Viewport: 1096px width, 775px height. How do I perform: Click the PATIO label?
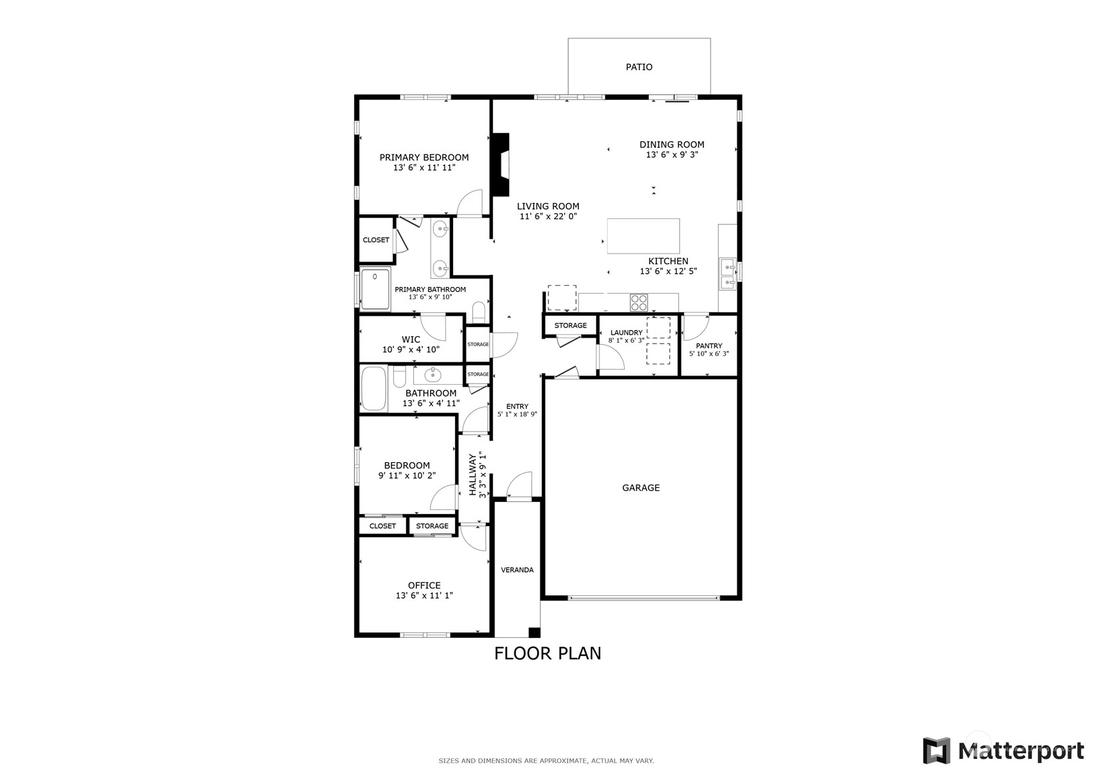pyautogui.click(x=639, y=67)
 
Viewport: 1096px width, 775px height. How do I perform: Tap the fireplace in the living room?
pyautogui.click(x=500, y=165)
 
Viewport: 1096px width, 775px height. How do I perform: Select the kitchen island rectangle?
pyautogui.click(x=643, y=236)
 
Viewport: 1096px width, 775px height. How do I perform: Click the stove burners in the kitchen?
pyautogui.click(x=639, y=302)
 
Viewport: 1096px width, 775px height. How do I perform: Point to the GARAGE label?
pyautogui.click(x=641, y=487)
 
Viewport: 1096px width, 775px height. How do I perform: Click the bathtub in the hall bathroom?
pyautogui.click(x=374, y=389)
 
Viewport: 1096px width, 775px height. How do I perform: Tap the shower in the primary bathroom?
pyautogui.click(x=375, y=289)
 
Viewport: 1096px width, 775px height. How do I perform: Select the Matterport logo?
pyautogui.click(x=1003, y=750)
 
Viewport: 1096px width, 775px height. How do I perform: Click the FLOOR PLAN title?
pyautogui.click(x=548, y=653)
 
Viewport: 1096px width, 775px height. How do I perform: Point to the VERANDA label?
pyautogui.click(x=517, y=570)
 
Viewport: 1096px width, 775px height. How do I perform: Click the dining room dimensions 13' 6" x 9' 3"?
pyautogui.click(x=672, y=154)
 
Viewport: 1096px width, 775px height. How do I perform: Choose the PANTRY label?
pyautogui.click(x=709, y=346)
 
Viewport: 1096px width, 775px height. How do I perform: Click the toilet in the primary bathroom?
pyautogui.click(x=478, y=312)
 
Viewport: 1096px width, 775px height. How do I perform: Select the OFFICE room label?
pyautogui.click(x=424, y=585)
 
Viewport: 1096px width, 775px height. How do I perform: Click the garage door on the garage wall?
pyautogui.click(x=644, y=598)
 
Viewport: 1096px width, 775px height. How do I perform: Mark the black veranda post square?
pyautogui.click(x=534, y=633)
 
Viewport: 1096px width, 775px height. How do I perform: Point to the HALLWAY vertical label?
pyautogui.click(x=472, y=475)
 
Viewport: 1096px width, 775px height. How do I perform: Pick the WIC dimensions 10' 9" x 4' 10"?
pyautogui.click(x=411, y=350)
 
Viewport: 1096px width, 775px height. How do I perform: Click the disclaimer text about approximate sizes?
pyautogui.click(x=546, y=761)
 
